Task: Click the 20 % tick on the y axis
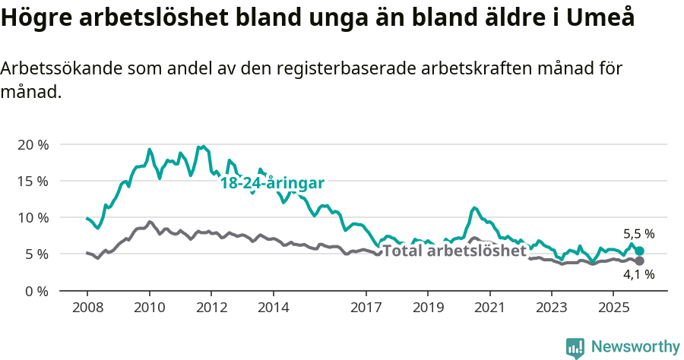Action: click(x=33, y=144)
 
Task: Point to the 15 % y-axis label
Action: click(x=33, y=181)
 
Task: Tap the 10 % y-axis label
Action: click(x=33, y=217)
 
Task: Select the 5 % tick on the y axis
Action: click(x=36, y=254)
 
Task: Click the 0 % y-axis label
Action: click(x=36, y=290)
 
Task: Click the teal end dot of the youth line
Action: click(x=640, y=251)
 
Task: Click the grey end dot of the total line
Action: click(x=640, y=261)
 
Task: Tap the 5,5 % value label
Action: click(x=638, y=234)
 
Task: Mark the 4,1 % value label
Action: click(x=638, y=276)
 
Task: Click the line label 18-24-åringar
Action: click(x=272, y=183)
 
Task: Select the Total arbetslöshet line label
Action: click(x=454, y=251)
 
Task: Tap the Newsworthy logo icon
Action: click(x=575, y=348)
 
